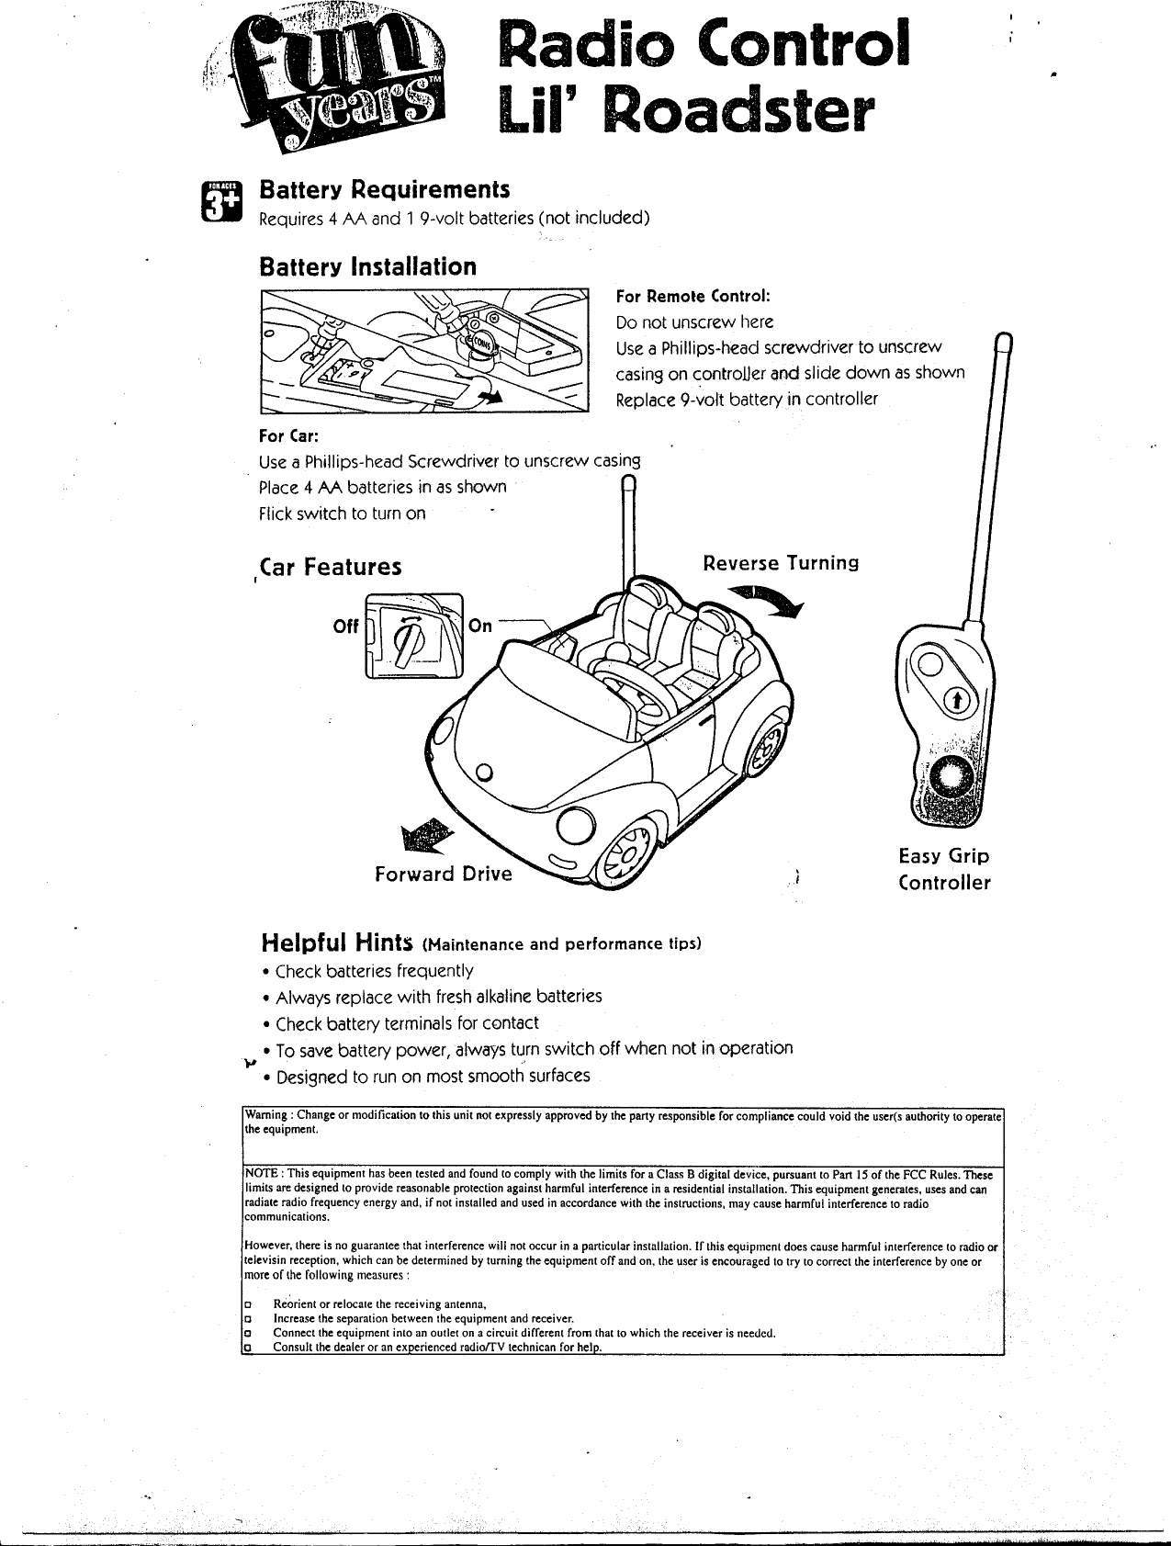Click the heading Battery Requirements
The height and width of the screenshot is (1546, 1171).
click(384, 190)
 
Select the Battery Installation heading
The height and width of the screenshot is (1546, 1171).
click(367, 267)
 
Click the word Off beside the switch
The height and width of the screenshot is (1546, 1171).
click(345, 626)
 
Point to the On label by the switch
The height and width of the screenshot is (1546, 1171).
click(480, 626)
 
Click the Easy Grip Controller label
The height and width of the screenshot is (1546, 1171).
click(944, 870)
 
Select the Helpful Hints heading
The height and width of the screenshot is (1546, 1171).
click(340, 942)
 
